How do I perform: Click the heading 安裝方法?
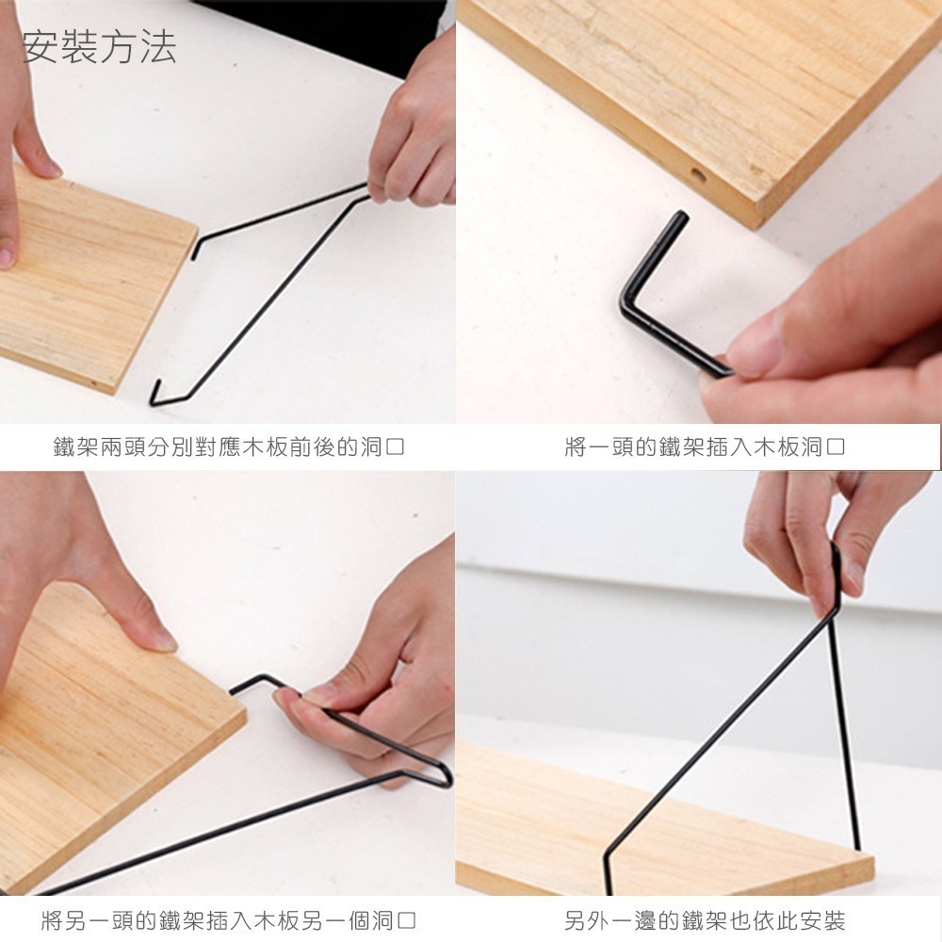99,47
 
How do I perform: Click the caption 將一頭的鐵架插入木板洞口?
706,447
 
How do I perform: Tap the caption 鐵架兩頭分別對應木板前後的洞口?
229,447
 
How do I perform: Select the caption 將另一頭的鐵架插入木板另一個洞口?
229,920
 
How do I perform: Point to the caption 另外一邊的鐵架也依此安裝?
705,920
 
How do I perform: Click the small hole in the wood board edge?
698,176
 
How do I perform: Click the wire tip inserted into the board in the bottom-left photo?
233,690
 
